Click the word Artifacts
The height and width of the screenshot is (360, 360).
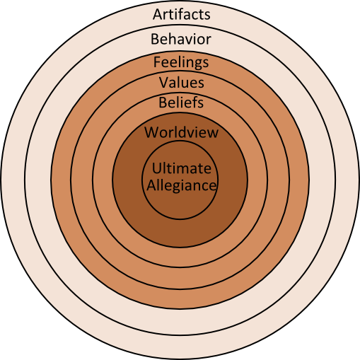(x=181, y=14)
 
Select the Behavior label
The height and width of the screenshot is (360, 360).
(x=181, y=39)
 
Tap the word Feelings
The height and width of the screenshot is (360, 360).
(x=181, y=63)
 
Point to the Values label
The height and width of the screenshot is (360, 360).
(x=182, y=82)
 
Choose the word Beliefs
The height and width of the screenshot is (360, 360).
(x=181, y=103)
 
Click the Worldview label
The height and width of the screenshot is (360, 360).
(x=181, y=132)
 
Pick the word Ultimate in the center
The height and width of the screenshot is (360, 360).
(x=181, y=168)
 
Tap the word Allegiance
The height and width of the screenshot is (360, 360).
(x=181, y=186)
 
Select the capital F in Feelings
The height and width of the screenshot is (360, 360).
(x=157, y=62)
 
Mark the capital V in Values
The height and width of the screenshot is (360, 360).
(x=163, y=83)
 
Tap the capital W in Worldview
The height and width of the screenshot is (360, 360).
(x=151, y=132)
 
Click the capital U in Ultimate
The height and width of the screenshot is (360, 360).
(x=156, y=168)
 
